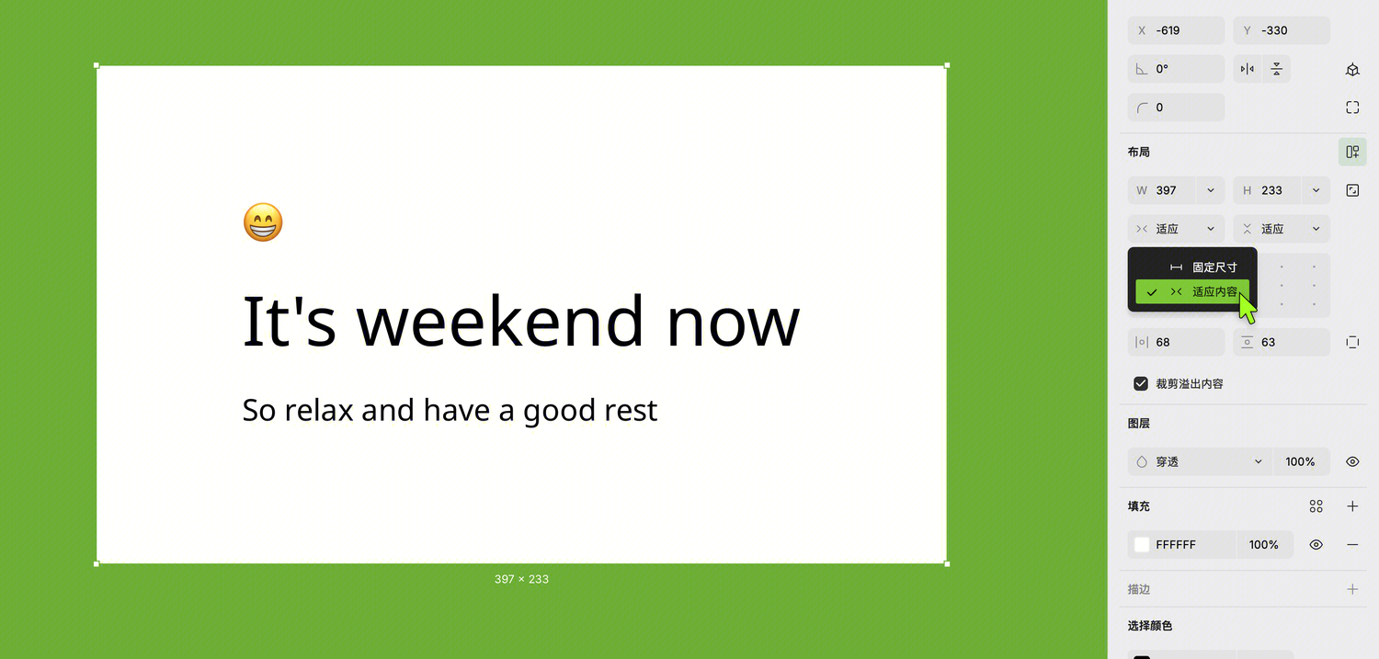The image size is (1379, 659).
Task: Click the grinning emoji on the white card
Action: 263,222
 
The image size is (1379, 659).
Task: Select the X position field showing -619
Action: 1176,30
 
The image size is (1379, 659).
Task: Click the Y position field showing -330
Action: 1282,30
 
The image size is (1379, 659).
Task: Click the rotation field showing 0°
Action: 1176,69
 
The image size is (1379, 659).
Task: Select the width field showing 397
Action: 1162,191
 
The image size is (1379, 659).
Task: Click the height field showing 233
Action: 1268,191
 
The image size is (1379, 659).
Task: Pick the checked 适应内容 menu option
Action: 1192,291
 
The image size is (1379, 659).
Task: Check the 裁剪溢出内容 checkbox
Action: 1141,384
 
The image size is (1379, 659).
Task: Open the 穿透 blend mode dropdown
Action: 1200,462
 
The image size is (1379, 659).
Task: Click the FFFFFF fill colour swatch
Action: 1142,545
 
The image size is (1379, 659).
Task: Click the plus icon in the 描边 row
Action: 1352,589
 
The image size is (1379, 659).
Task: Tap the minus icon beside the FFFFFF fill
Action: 1352,545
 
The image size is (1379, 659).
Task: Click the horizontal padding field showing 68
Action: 1176,343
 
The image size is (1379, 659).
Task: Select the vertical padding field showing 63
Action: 1282,343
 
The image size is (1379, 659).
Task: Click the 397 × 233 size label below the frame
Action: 521,580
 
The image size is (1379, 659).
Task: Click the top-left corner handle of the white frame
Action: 97,65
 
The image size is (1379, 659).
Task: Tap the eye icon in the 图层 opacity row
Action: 1352,462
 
